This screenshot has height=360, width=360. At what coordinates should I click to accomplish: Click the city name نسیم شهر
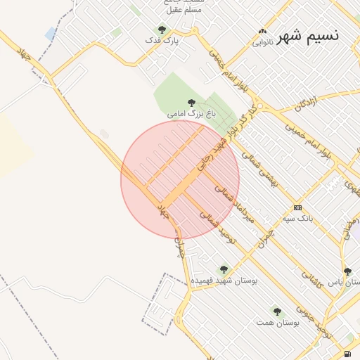pyautogui.click(x=308, y=35)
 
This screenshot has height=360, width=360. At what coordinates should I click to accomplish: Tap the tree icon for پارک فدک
pyautogui.click(x=162, y=30)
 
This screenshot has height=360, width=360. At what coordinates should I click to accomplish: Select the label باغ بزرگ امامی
pyautogui.click(x=191, y=112)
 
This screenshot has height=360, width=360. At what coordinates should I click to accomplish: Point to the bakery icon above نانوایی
pyautogui.click(x=263, y=32)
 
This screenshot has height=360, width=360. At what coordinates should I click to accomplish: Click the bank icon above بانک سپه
pyautogui.click(x=298, y=208)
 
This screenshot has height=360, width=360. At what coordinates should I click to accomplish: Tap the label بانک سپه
pyautogui.click(x=297, y=219)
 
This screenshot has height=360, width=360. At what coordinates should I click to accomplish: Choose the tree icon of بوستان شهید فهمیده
pyautogui.click(x=224, y=269)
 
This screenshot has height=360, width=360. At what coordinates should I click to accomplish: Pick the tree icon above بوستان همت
pyautogui.click(x=277, y=311)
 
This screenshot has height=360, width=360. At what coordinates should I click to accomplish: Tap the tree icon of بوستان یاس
pyautogui.click(x=347, y=271)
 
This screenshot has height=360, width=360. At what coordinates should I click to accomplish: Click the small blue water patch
pyautogui.click(x=51, y=33)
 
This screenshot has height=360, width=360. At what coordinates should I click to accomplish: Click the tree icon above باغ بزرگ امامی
pyautogui.click(x=191, y=103)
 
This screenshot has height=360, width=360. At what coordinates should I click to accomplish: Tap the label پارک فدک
pyautogui.click(x=162, y=40)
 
